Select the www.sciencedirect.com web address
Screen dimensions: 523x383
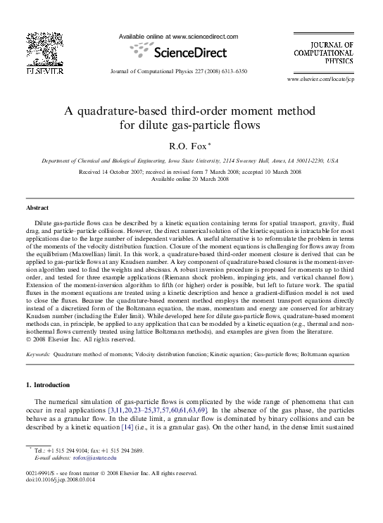tap(205, 37)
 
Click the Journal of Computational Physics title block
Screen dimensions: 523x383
tap(324, 53)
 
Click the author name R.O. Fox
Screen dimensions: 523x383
tap(188, 146)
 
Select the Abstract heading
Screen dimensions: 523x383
tap(37, 208)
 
